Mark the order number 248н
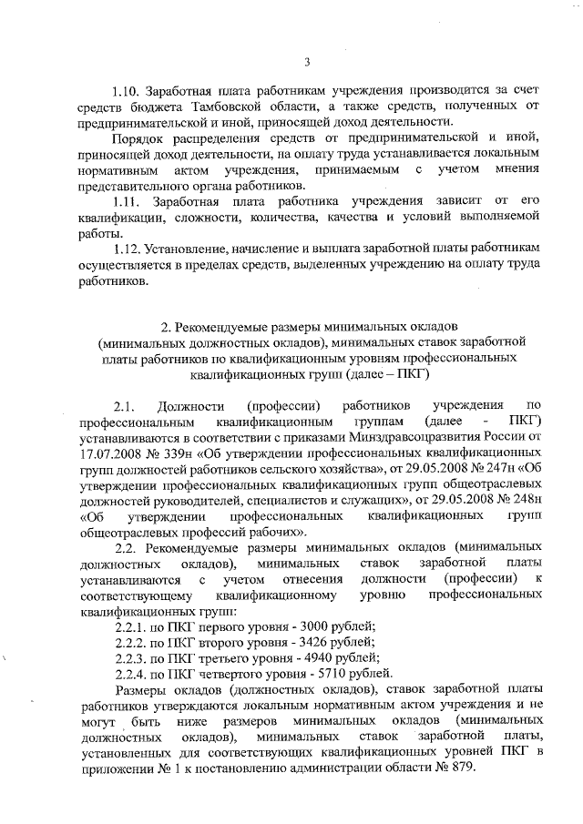(x=522, y=499)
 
